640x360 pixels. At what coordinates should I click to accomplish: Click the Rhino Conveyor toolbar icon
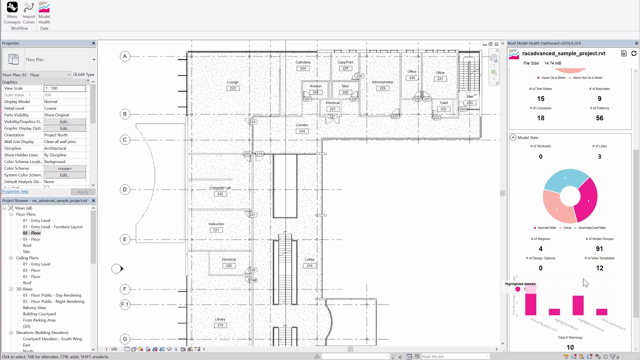pos(12,7)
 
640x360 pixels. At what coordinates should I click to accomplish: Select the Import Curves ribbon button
pos(28,7)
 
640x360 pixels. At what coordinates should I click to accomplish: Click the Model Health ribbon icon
pos(44,7)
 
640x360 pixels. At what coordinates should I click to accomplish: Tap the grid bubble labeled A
pos(125,56)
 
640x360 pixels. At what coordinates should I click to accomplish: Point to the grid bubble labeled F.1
pos(125,304)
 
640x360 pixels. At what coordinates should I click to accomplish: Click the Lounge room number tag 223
pos(232,88)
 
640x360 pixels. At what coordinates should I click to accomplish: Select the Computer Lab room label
pos(220,188)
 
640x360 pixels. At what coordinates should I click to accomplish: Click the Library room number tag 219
pos(220,325)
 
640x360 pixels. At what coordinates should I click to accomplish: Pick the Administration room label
pos(382,82)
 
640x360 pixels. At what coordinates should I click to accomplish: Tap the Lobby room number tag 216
pos(309,265)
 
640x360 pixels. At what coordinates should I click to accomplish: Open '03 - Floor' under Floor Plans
pos(31,239)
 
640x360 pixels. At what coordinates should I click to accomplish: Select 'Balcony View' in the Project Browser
pos(34,307)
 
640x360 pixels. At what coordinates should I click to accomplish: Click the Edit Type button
pos(84,75)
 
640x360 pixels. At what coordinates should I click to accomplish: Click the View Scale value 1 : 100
pos(64,88)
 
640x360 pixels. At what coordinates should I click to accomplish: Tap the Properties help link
pos(15,191)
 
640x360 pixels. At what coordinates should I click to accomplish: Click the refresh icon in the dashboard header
pos(634,53)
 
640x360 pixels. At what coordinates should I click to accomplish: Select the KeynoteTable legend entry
pos(546,228)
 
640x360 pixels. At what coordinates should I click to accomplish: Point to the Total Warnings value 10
pos(570,347)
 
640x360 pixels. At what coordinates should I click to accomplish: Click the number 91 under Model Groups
pos(599,248)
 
